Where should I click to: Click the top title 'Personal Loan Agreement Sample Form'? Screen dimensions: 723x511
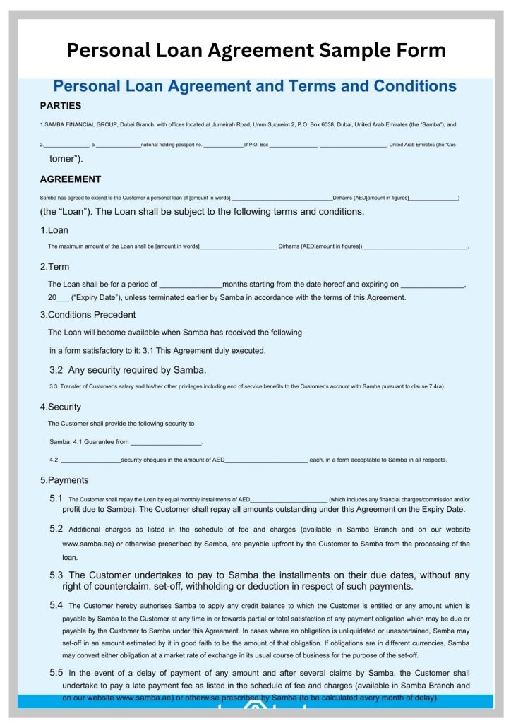tap(255, 50)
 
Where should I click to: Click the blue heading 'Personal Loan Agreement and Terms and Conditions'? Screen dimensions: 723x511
tap(255, 86)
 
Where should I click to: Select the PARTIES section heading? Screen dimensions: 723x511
tap(61, 106)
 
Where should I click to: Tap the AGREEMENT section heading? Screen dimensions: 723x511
tap(70, 179)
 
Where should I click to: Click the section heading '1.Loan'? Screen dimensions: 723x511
tap(54, 229)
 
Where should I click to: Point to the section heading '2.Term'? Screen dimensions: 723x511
tap(54, 267)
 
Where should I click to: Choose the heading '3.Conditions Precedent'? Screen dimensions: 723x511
tap(88, 315)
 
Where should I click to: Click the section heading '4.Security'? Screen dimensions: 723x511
tap(60, 407)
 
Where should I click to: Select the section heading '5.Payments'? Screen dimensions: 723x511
tap(64, 480)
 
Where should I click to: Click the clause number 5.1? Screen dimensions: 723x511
tap(56, 498)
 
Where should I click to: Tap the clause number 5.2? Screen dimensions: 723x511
tap(56, 529)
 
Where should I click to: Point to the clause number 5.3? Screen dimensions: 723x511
tap(56, 575)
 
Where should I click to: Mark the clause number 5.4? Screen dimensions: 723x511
tap(56, 605)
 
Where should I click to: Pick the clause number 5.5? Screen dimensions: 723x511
tap(56, 672)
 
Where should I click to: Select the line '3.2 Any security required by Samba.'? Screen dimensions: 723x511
tap(128, 369)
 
